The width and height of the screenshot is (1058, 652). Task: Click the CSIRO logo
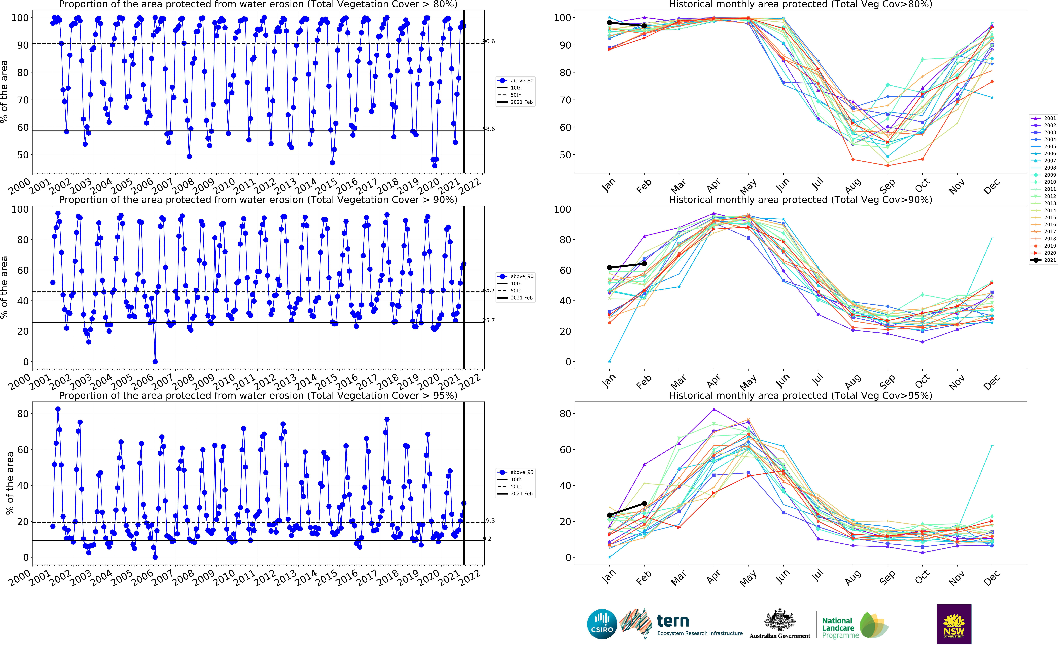click(602, 624)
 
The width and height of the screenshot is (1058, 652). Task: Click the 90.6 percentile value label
click(488, 41)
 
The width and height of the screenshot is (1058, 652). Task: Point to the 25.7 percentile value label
click(488, 320)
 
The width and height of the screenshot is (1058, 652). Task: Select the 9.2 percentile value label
click(487, 539)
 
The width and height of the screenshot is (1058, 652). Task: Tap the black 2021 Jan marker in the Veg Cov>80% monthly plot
click(609, 23)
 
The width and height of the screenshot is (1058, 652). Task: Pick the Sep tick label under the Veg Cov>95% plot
click(887, 578)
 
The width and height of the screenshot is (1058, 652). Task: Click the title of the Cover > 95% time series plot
click(258, 395)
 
